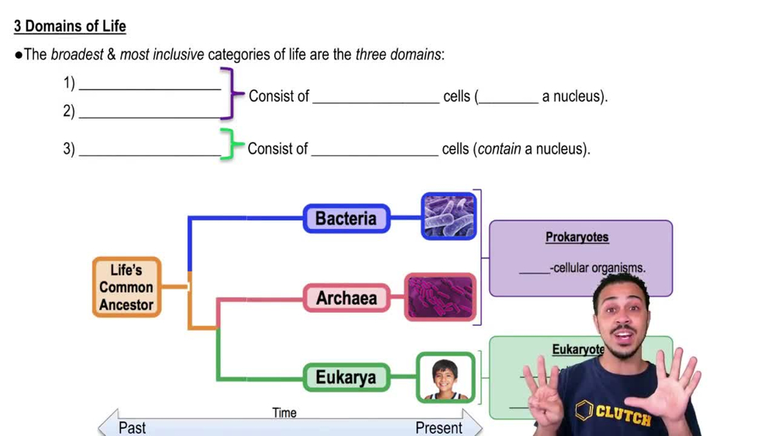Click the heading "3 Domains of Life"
(70, 26)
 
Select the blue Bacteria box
(346, 219)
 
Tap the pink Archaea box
(346, 298)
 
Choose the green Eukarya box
(346, 378)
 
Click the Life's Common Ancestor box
(126, 287)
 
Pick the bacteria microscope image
(449, 216)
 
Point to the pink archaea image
(440, 297)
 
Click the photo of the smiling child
(446, 378)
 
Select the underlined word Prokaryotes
(577, 237)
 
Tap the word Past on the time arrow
(132, 427)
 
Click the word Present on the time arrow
(439, 427)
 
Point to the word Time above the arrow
(284, 413)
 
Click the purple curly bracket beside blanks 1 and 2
(227, 95)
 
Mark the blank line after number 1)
(150, 88)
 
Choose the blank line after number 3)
(150, 154)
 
